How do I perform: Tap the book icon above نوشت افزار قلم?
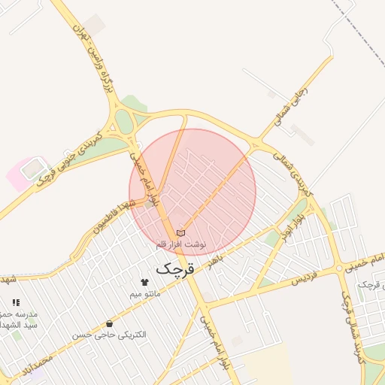(180, 233)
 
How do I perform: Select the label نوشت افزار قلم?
(180, 245)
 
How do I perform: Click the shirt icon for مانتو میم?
(145, 282)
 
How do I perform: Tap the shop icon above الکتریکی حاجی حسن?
(110, 323)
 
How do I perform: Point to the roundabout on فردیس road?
(340, 268)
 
